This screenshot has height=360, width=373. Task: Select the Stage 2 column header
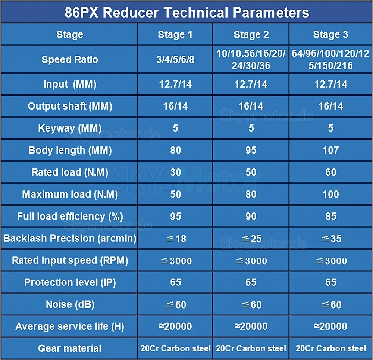tap(251, 35)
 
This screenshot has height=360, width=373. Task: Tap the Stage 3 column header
tap(330, 35)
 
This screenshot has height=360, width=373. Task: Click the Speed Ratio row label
tap(70, 60)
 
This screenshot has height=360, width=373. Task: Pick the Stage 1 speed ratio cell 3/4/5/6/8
tap(176, 60)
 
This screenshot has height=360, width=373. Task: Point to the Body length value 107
tap(331, 150)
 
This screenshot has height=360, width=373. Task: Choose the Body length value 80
tap(175, 150)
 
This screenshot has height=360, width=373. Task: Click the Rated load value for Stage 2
tap(251, 172)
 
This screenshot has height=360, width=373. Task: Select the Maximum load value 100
tap(331, 194)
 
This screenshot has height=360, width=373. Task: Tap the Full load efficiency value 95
tap(175, 216)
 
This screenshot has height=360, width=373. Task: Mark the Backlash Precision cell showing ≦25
tap(251, 239)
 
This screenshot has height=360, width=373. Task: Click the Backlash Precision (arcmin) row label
tap(70, 239)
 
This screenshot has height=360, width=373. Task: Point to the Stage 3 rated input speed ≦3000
tap(331, 260)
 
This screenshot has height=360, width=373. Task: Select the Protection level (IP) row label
tap(70, 282)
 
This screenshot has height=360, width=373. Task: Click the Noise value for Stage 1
tap(175, 304)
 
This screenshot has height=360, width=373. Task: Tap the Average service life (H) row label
tap(70, 327)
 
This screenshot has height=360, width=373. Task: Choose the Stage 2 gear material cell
tap(251, 348)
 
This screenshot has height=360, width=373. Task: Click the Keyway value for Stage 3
tap(331, 128)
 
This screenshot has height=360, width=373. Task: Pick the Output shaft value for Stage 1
tap(175, 106)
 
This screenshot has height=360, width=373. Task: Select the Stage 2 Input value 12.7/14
tap(251, 84)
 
